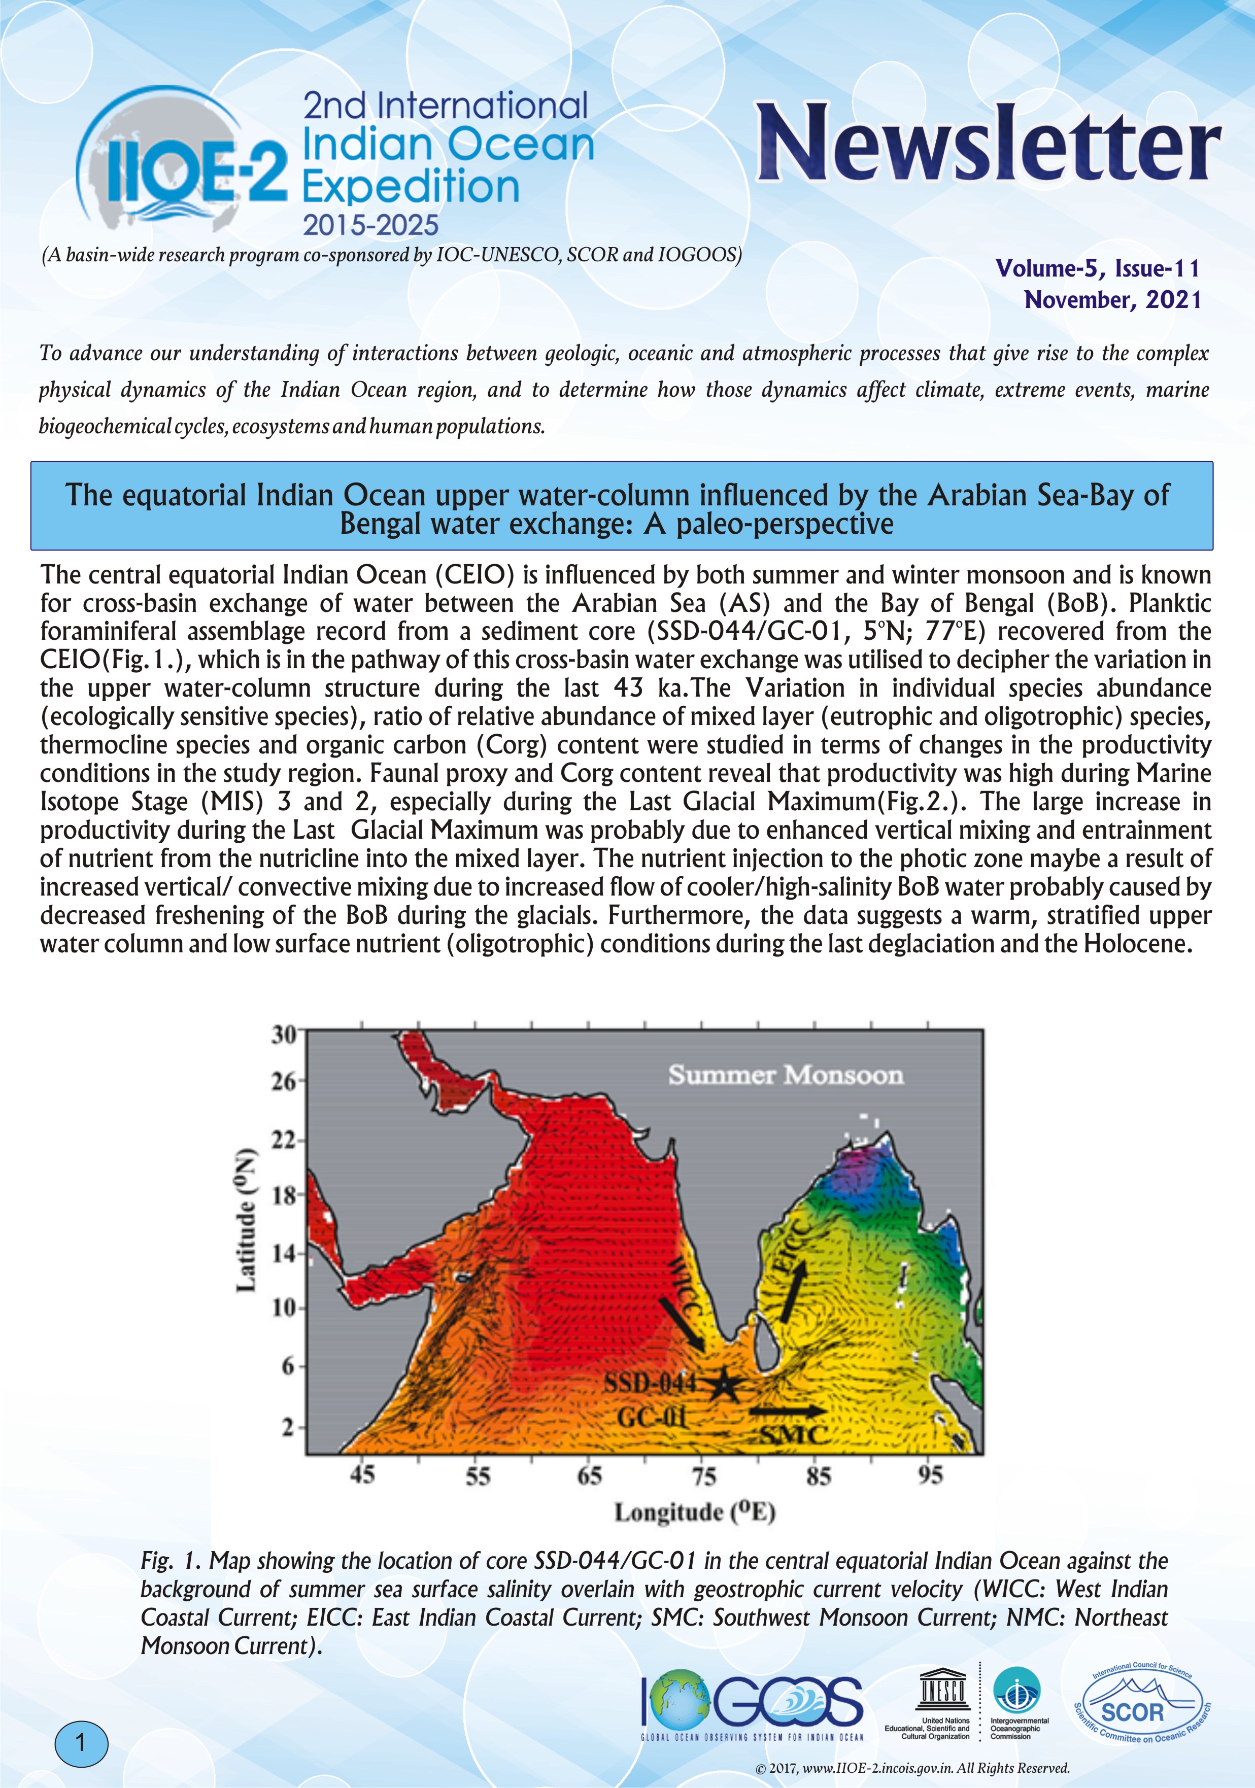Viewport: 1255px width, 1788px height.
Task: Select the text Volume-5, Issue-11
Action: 1098,269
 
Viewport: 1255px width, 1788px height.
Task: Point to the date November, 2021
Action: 1112,300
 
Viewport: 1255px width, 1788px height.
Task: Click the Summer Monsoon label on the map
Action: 785,1076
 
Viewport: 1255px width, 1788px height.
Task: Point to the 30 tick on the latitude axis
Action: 284,1034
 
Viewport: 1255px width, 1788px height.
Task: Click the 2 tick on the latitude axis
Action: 288,1427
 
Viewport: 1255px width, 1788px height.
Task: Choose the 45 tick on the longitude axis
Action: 362,1474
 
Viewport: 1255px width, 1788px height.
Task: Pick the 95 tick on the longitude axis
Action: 930,1474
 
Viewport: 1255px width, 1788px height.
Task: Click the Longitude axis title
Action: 695,1512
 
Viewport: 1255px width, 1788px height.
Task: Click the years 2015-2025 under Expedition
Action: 371,226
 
